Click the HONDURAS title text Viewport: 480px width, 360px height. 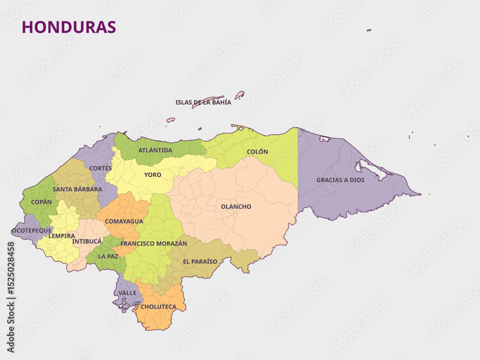(x=69, y=27)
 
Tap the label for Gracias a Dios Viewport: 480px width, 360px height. (x=340, y=180)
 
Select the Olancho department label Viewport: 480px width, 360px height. (x=236, y=207)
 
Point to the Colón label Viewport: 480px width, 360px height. (x=257, y=152)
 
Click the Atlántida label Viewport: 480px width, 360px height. (x=155, y=150)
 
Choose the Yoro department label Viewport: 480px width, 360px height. (x=153, y=175)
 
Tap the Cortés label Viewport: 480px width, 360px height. (x=100, y=168)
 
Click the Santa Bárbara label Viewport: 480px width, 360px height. (x=77, y=189)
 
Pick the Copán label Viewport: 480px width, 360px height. (x=41, y=202)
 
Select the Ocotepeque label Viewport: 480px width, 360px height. (x=32, y=230)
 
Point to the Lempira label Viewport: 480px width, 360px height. (x=61, y=236)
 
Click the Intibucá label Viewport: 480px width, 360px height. (x=87, y=241)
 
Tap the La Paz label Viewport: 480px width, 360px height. (x=108, y=256)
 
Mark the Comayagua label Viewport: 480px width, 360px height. (x=124, y=221)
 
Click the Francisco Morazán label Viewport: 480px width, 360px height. (x=154, y=244)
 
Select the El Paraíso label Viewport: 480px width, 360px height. (x=200, y=262)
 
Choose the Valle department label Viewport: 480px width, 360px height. (x=127, y=293)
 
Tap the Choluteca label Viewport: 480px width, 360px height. (x=158, y=307)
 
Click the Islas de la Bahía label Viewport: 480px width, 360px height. (x=203, y=102)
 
